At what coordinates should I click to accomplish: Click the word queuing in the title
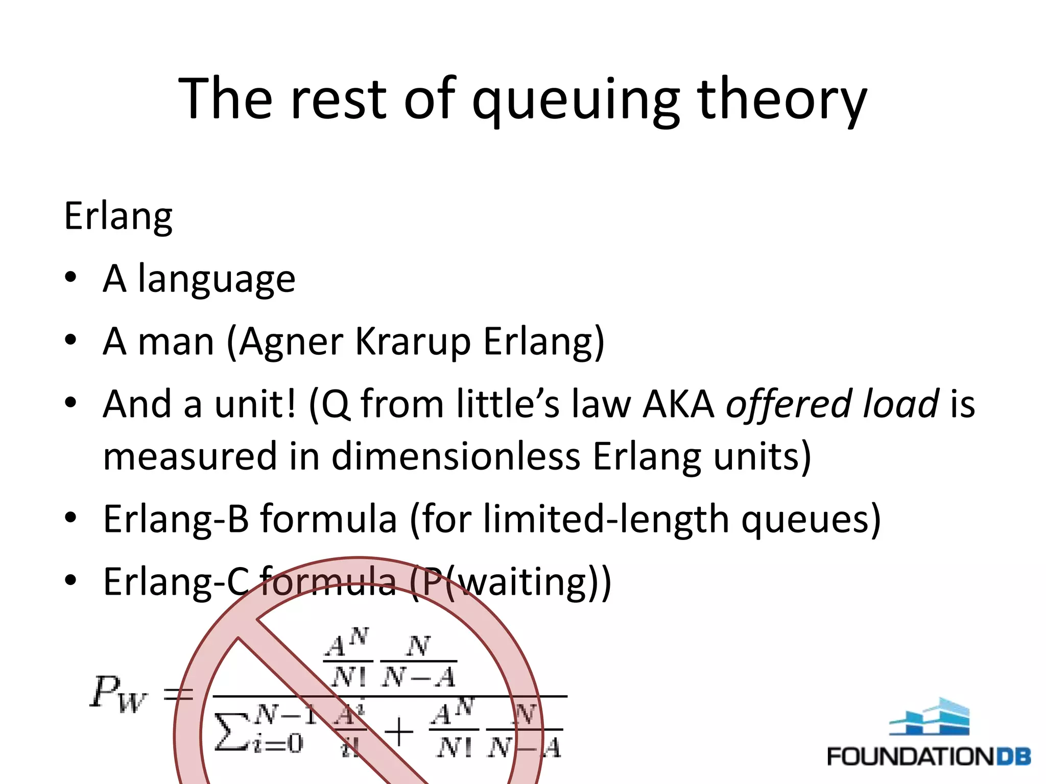576,100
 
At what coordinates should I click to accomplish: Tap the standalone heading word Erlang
118,216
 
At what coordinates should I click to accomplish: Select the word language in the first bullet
217,280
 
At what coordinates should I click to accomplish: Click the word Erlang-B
176,519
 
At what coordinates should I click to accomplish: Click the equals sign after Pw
178,693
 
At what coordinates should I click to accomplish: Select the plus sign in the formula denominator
399,731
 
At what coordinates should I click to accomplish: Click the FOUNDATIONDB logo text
928,756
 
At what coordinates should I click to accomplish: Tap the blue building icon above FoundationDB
929,717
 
